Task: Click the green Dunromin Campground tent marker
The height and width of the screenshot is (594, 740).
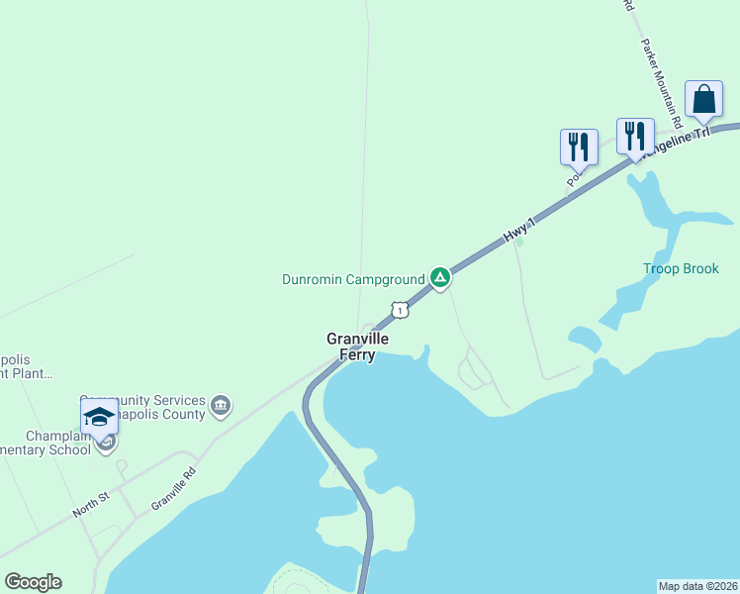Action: [440, 278]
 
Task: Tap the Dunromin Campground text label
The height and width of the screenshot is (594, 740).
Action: [353, 279]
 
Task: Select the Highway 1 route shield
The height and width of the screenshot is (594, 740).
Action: [399, 310]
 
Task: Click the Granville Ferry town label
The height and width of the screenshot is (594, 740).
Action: [357, 346]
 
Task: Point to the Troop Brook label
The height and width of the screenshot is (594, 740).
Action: [681, 268]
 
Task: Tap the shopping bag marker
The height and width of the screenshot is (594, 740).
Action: [703, 100]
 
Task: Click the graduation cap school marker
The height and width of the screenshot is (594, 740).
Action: [99, 418]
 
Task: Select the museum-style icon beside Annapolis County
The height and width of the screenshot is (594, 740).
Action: [221, 406]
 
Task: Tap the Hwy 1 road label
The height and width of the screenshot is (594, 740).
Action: [518, 232]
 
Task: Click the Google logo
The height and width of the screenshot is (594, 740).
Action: [33, 582]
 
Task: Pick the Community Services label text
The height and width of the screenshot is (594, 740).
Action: [143, 399]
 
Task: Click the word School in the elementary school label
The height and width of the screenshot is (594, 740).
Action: [66, 449]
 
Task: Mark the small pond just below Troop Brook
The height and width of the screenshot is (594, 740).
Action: [584, 339]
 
